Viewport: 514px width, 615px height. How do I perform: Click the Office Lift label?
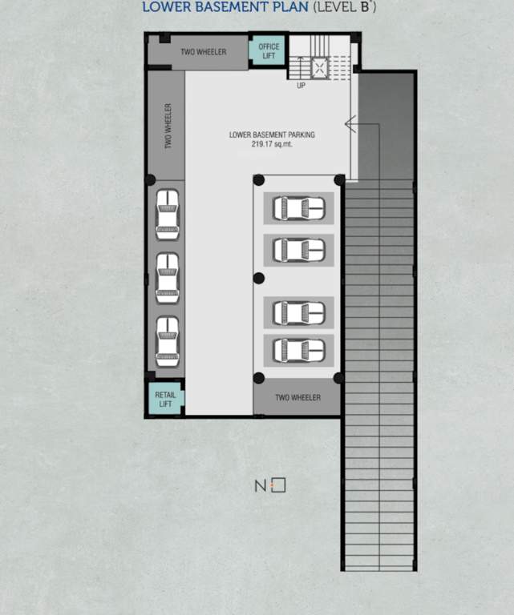click(269, 51)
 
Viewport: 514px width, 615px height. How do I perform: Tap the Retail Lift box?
click(165, 400)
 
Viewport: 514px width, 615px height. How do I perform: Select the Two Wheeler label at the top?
click(203, 53)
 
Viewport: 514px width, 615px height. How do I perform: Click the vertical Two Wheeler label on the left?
click(168, 126)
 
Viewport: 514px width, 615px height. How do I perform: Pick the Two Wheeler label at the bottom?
click(297, 398)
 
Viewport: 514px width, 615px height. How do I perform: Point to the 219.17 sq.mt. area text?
click(272, 145)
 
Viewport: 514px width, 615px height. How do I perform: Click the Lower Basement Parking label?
click(272, 135)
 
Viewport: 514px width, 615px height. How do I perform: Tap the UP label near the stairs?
click(301, 85)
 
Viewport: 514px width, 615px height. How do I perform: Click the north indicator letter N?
click(260, 486)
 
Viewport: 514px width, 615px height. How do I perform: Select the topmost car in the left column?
click(167, 214)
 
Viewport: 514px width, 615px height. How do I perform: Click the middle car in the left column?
click(167, 277)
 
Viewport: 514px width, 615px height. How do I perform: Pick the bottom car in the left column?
click(167, 342)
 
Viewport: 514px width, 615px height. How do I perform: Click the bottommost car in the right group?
click(298, 350)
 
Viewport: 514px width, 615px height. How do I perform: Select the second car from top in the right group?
click(298, 250)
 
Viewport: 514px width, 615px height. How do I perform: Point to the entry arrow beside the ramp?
click(350, 123)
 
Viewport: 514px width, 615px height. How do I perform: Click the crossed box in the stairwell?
click(321, 67)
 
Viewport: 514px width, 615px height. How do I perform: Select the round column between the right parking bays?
click(258, 279)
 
